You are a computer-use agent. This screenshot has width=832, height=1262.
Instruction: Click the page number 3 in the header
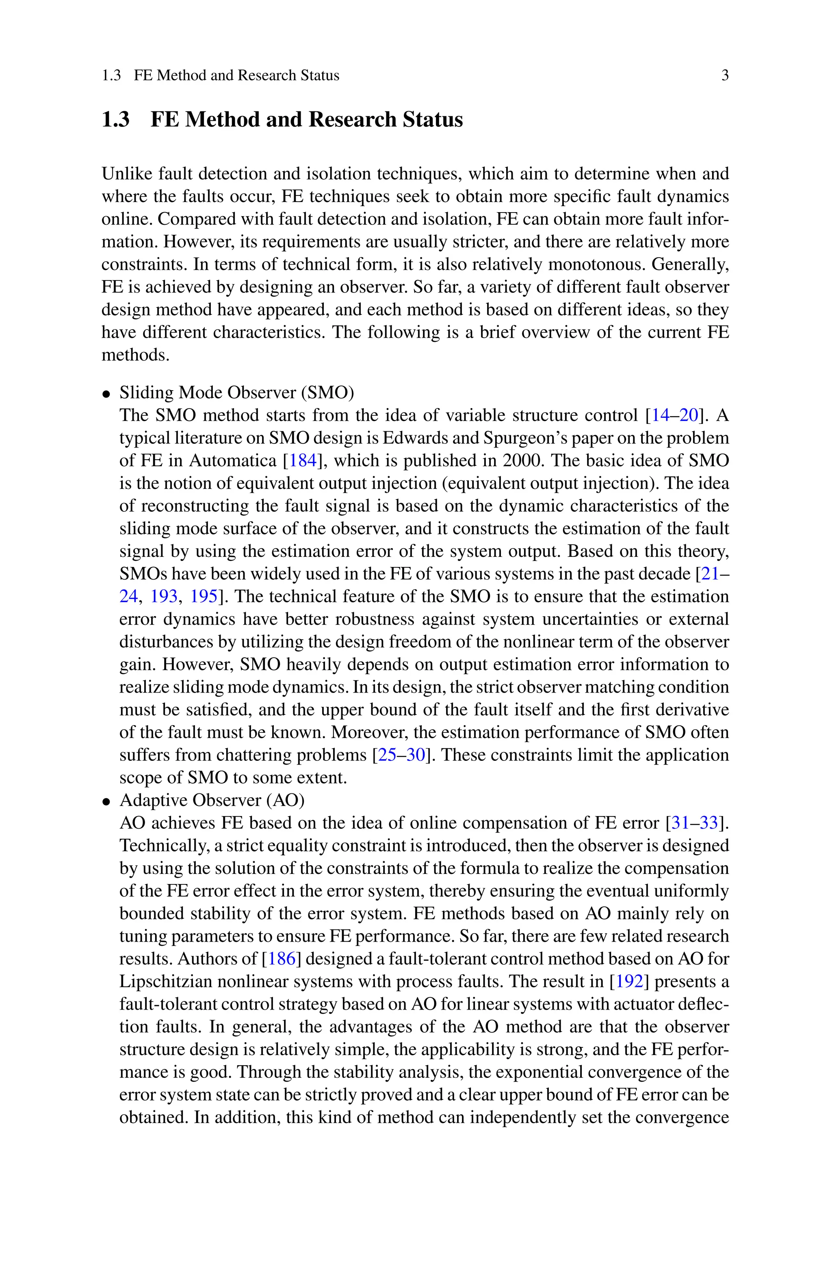pyautogui.click(x=725, y=75)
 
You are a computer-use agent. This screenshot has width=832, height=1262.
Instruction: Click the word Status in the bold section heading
pyautogui.click(x=432, y=119)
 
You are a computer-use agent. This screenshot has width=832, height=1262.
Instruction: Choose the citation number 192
pyautogui.click(x=630, y=981)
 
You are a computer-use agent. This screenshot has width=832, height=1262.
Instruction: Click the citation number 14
pyautogui.click(x=660, y=415)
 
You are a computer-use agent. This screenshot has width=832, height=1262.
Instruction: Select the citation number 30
pyautogui.click(x=416, y=755)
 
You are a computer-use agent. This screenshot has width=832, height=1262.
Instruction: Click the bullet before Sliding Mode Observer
pyautogui.click(x=107, y=394)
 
